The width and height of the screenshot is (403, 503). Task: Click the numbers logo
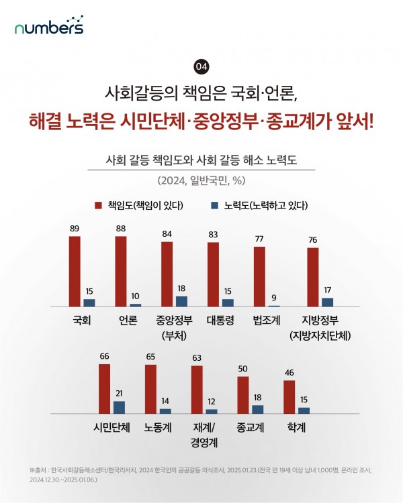49,27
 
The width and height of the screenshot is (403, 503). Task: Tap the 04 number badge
201,66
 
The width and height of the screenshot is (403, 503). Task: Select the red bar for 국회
75,271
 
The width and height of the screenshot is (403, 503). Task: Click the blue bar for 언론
135,304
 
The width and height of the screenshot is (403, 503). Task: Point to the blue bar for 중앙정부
181,301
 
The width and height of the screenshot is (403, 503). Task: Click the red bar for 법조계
259,276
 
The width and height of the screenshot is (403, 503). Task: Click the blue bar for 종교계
258,409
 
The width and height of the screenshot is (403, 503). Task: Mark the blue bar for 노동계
165,410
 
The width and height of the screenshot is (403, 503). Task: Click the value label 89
75,229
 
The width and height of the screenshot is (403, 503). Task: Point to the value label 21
120,394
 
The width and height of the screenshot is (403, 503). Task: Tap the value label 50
243,369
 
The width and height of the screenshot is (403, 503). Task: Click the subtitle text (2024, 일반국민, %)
201,180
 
